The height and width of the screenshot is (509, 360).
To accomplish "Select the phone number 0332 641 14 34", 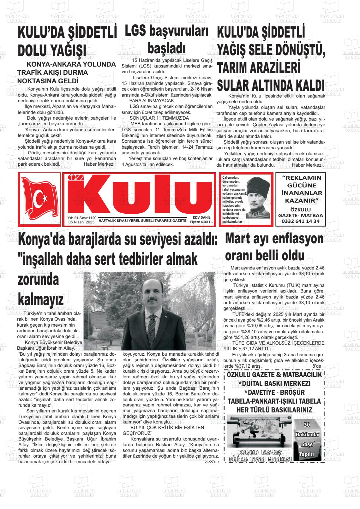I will [298, 221].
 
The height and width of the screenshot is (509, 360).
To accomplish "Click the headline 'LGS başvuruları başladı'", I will [167, 40].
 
